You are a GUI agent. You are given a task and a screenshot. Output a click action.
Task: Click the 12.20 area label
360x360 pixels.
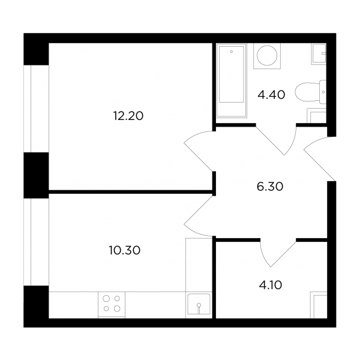[x=128, y=116]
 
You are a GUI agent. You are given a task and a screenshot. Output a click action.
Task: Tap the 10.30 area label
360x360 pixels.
[x=125, y=250]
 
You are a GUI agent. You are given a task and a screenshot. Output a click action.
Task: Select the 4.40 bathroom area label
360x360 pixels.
[x=271, y=95]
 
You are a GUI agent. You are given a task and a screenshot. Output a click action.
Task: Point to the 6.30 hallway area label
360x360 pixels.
[x=270, y=187]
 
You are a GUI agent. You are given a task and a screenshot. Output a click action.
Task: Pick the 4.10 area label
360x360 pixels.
[x=271, y=286]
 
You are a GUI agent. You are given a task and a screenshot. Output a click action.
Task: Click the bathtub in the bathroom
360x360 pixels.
[x=232, y=81]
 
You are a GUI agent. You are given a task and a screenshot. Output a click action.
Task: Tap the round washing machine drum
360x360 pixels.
[x=267, y=55]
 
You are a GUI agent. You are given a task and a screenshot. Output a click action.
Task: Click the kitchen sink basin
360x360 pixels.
[x=199, y=304]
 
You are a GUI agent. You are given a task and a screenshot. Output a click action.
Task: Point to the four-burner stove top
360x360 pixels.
[x=112, y=304]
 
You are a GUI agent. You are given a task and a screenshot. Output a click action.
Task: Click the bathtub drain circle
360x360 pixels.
[x=232, y=52]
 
